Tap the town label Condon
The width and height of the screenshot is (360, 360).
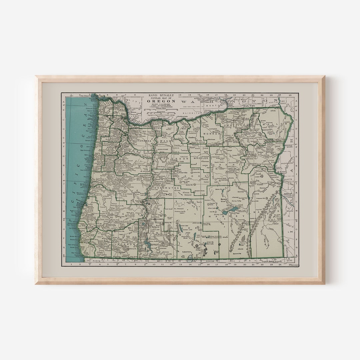pos(191,137)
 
